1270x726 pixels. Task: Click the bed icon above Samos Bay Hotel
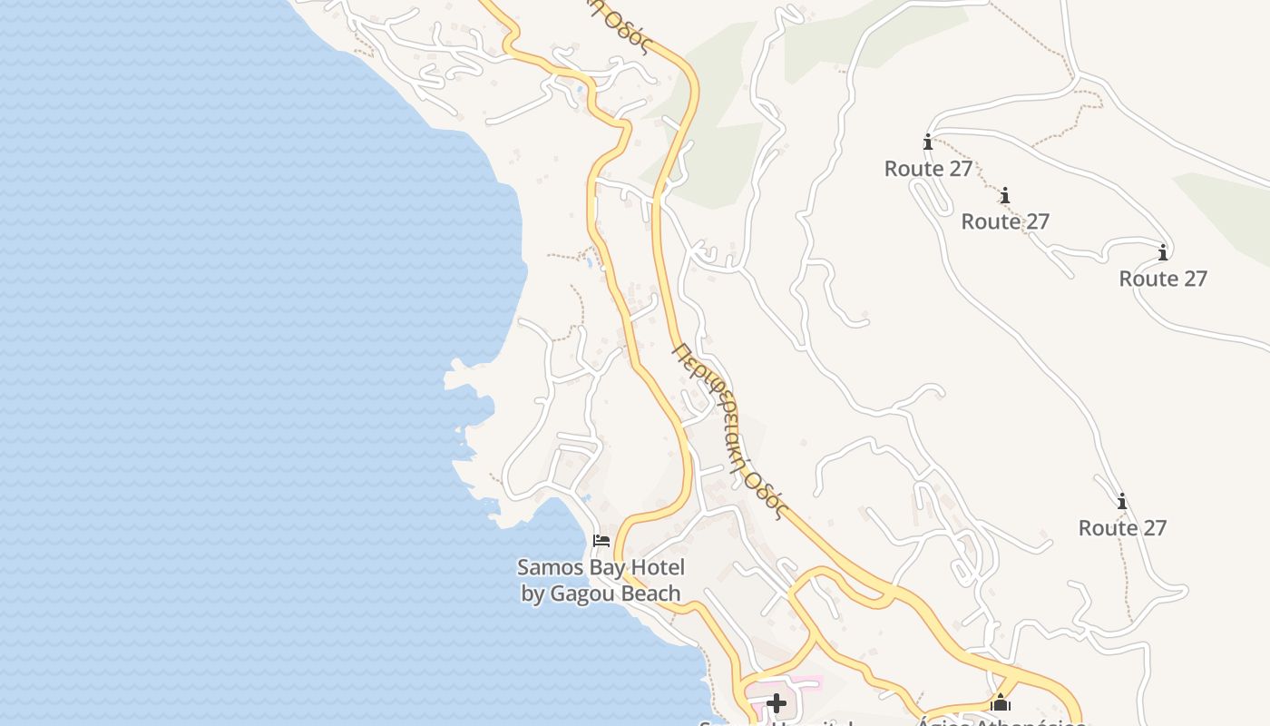tap(601, 541)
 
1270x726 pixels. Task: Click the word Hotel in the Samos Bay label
tap(655, 568)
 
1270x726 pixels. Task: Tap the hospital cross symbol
tap(776, 703)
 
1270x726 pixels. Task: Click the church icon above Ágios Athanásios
tap(1001, 702)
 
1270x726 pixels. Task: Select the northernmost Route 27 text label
tap(928, 169)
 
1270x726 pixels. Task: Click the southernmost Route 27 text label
tap(1122, 528)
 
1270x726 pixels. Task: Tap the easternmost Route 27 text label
tap(1163, 279)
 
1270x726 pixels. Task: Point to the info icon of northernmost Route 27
tap(927, 142)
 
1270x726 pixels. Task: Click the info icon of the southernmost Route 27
tap(1122, 501)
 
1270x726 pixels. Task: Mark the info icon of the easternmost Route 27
tap(1163, 252)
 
